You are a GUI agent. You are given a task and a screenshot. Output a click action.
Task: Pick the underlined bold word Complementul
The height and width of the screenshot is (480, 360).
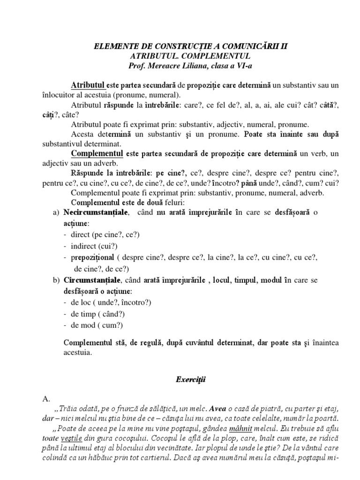[x=97, y=154]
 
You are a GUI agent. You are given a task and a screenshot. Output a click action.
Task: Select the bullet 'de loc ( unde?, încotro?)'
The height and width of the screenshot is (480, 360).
[x=111, y=302]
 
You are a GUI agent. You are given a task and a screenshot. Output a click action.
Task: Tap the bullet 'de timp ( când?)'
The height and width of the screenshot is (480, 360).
[x=97, y=314]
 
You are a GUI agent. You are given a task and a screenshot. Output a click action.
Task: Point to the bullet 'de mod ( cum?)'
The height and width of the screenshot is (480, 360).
[x=96, y=325]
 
